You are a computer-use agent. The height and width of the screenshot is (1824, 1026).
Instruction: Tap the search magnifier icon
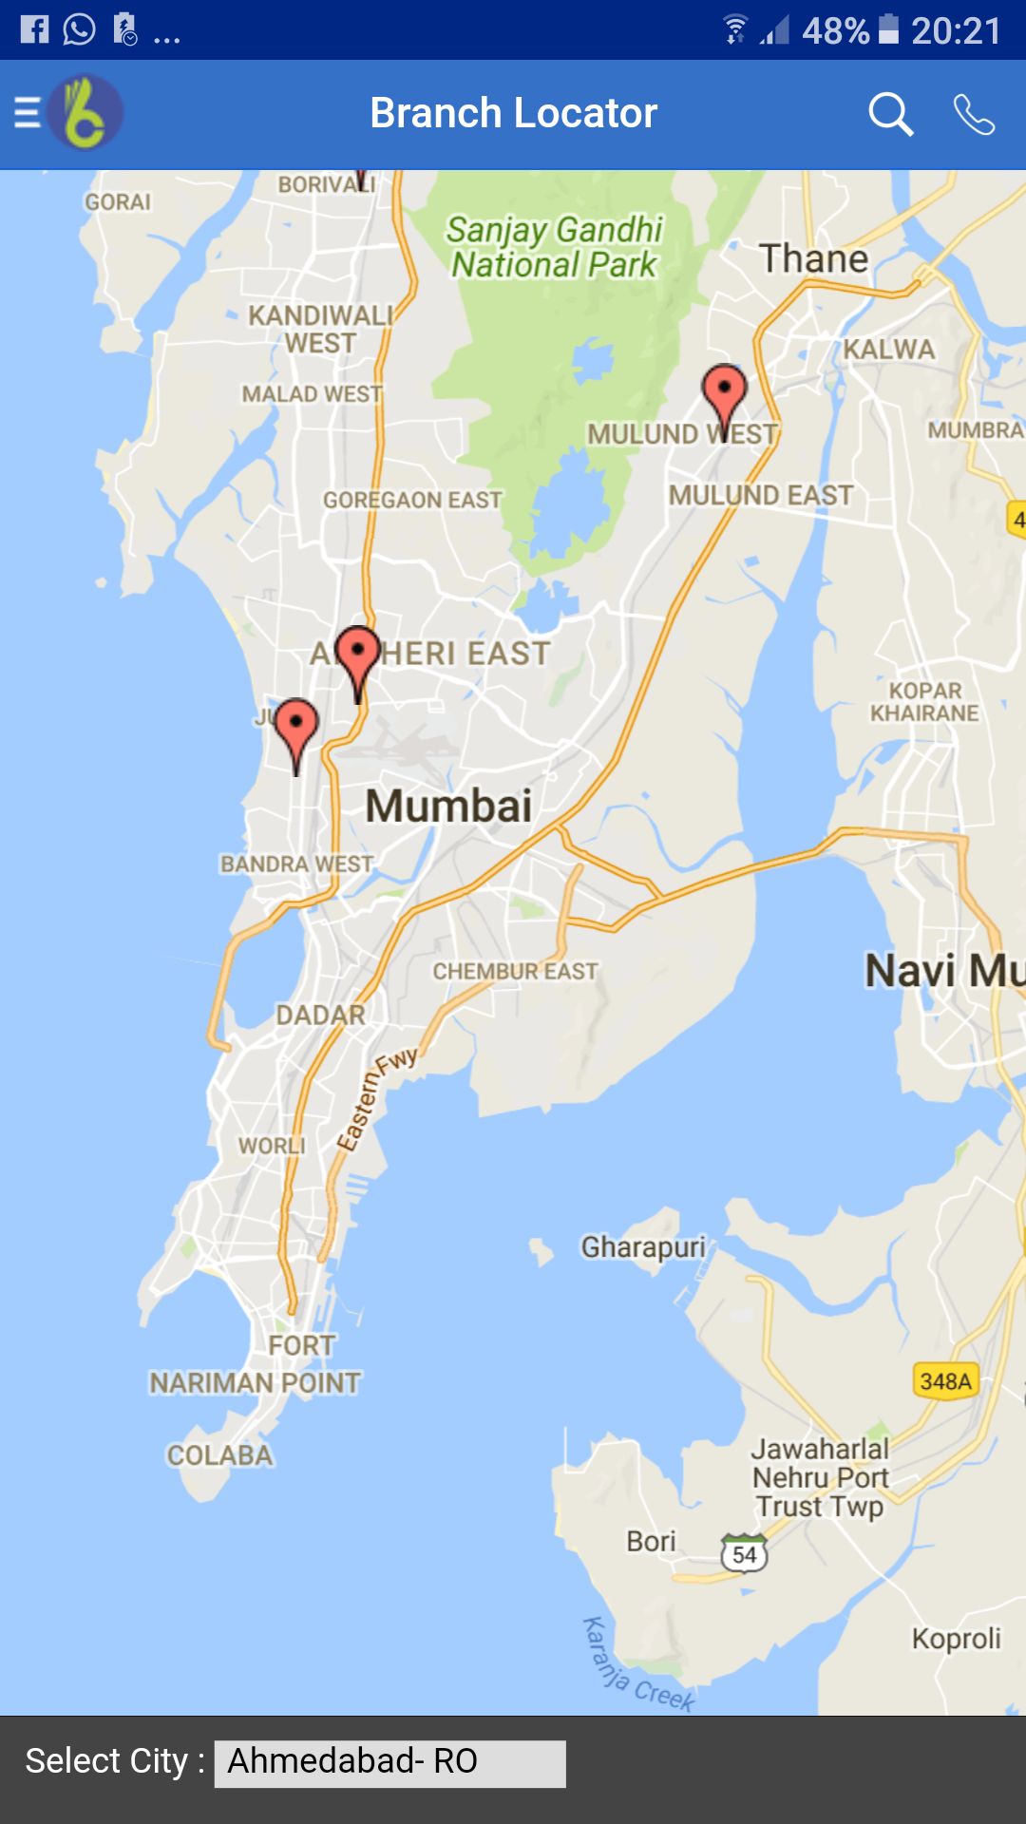point(890,115)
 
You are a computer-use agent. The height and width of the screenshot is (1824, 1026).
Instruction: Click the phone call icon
point(974,115)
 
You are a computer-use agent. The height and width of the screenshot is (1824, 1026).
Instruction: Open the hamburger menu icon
point(27,113)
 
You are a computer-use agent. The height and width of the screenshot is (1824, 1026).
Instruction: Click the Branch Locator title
point(513,113)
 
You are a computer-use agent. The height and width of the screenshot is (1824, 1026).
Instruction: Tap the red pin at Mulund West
point(724,394)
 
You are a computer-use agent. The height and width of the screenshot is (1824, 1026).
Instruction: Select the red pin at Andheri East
point(358,656)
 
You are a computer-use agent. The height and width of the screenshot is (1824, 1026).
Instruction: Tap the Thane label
point(813,259)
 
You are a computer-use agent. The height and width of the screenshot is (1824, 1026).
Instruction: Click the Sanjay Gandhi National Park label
point(555,247)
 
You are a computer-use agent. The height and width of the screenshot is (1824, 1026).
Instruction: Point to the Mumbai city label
point(448,807)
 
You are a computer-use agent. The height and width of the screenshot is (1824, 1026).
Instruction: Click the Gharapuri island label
point(643,1246)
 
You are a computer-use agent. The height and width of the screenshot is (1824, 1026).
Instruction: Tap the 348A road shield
point(945,1380)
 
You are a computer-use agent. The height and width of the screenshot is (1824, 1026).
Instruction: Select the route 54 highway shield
point(744,1554)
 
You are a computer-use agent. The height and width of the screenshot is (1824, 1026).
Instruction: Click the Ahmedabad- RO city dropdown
point(389,1763)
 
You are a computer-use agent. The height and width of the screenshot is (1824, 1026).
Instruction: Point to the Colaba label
point(219,1455)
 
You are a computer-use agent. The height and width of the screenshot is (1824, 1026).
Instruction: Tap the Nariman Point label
point(255,1382)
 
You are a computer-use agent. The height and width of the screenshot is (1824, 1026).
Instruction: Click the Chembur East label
point(515,971)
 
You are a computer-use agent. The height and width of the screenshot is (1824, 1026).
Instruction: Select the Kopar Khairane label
point(924,702)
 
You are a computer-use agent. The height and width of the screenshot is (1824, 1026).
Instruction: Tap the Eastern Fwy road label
point(376,1099)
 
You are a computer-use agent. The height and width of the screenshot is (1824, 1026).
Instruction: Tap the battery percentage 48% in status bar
point(835,31)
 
